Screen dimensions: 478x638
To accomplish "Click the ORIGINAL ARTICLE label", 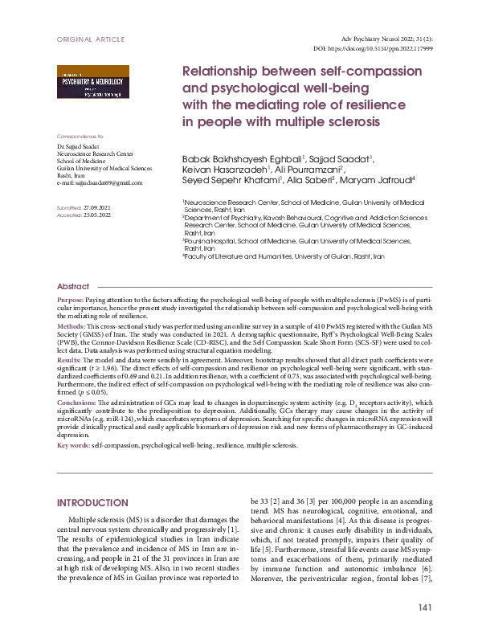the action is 91,39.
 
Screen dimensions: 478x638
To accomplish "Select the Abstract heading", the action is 73,287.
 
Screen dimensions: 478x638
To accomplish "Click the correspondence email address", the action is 100,182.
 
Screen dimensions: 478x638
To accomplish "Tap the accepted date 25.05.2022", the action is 97,215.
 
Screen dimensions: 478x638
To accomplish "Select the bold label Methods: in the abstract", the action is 71,329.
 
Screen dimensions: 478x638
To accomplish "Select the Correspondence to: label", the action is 80,137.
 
